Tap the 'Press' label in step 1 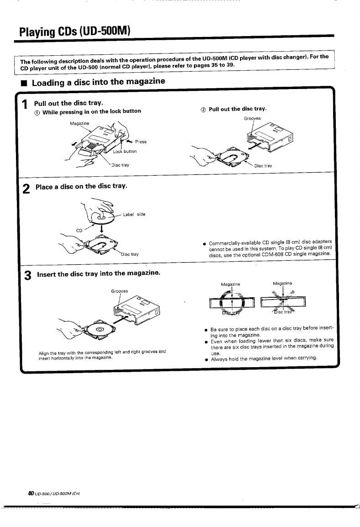pos(141,142)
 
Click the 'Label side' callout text pos(134,214)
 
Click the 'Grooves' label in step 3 pos(120,291)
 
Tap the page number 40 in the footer pos(31,493)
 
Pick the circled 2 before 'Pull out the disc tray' pos(203,109)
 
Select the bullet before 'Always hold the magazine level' pos(206,358)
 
